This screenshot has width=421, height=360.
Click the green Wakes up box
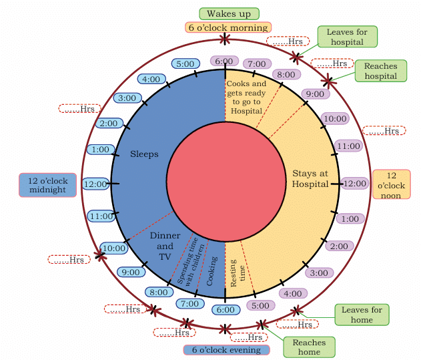click(x=229, y=13)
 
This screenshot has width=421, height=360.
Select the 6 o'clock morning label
click(x=228, y=27)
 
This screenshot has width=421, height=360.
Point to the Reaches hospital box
click(x=380, y=71)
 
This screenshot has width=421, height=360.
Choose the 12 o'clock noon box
click(x=391, y=184)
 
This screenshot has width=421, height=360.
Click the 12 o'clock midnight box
click(x=47, y=185)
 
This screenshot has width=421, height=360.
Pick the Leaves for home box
click(x=362, y=314)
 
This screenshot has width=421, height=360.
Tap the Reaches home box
click(x=309, y=347)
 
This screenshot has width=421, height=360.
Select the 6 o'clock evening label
click(x=226, y=350)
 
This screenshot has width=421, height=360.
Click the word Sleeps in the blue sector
click(x=145, y=154)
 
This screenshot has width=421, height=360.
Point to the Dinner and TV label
click(x=165, y=246)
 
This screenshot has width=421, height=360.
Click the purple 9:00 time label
click(x=315, y=94)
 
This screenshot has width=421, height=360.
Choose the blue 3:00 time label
click(x=127, y=98)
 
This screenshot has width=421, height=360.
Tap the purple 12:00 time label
click(x=354, y=183)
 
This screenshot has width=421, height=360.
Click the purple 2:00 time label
click(x=339, y=246)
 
